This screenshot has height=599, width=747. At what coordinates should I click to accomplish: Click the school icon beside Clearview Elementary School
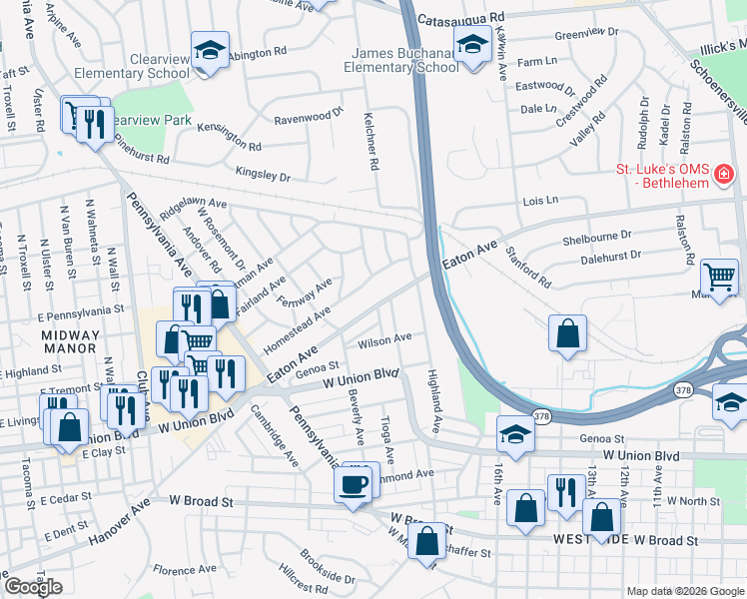point(211,51)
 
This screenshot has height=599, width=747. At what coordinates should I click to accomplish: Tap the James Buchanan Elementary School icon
point(470,45)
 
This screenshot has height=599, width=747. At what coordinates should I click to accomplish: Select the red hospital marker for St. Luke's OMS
point(724,178)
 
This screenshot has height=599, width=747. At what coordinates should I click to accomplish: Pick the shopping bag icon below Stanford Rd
point(567,333)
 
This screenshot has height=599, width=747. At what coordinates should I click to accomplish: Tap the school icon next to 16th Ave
point(515,434)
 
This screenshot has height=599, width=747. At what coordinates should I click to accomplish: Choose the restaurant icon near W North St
point(565,492)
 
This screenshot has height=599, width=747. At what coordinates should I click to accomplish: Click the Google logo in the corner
point(33,586)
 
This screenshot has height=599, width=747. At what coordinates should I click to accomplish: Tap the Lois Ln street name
point(540,201)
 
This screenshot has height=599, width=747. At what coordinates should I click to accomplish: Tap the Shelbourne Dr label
point(597,236)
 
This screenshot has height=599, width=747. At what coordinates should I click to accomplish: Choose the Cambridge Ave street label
point(274,436)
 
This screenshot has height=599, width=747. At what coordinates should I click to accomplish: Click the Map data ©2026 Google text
point(684,591)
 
